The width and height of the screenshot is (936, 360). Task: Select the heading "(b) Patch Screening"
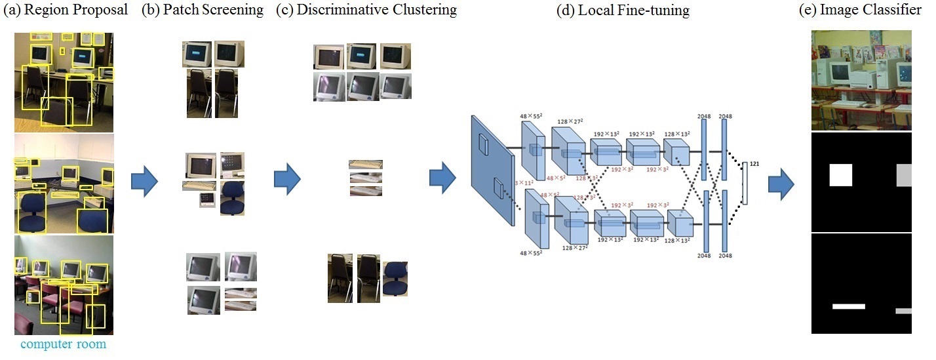coord(203,10)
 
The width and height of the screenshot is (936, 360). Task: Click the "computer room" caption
coord(64,344)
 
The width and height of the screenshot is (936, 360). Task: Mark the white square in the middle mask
coord(841,175)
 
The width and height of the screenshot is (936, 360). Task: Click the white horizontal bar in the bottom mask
coord(849,306)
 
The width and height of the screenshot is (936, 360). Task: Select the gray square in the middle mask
coord(904,175)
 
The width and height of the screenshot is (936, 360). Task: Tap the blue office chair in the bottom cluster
coord(395,278)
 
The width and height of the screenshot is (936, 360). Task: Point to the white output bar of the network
coord(745,185)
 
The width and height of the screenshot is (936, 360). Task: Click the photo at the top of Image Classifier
coord(861,80)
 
